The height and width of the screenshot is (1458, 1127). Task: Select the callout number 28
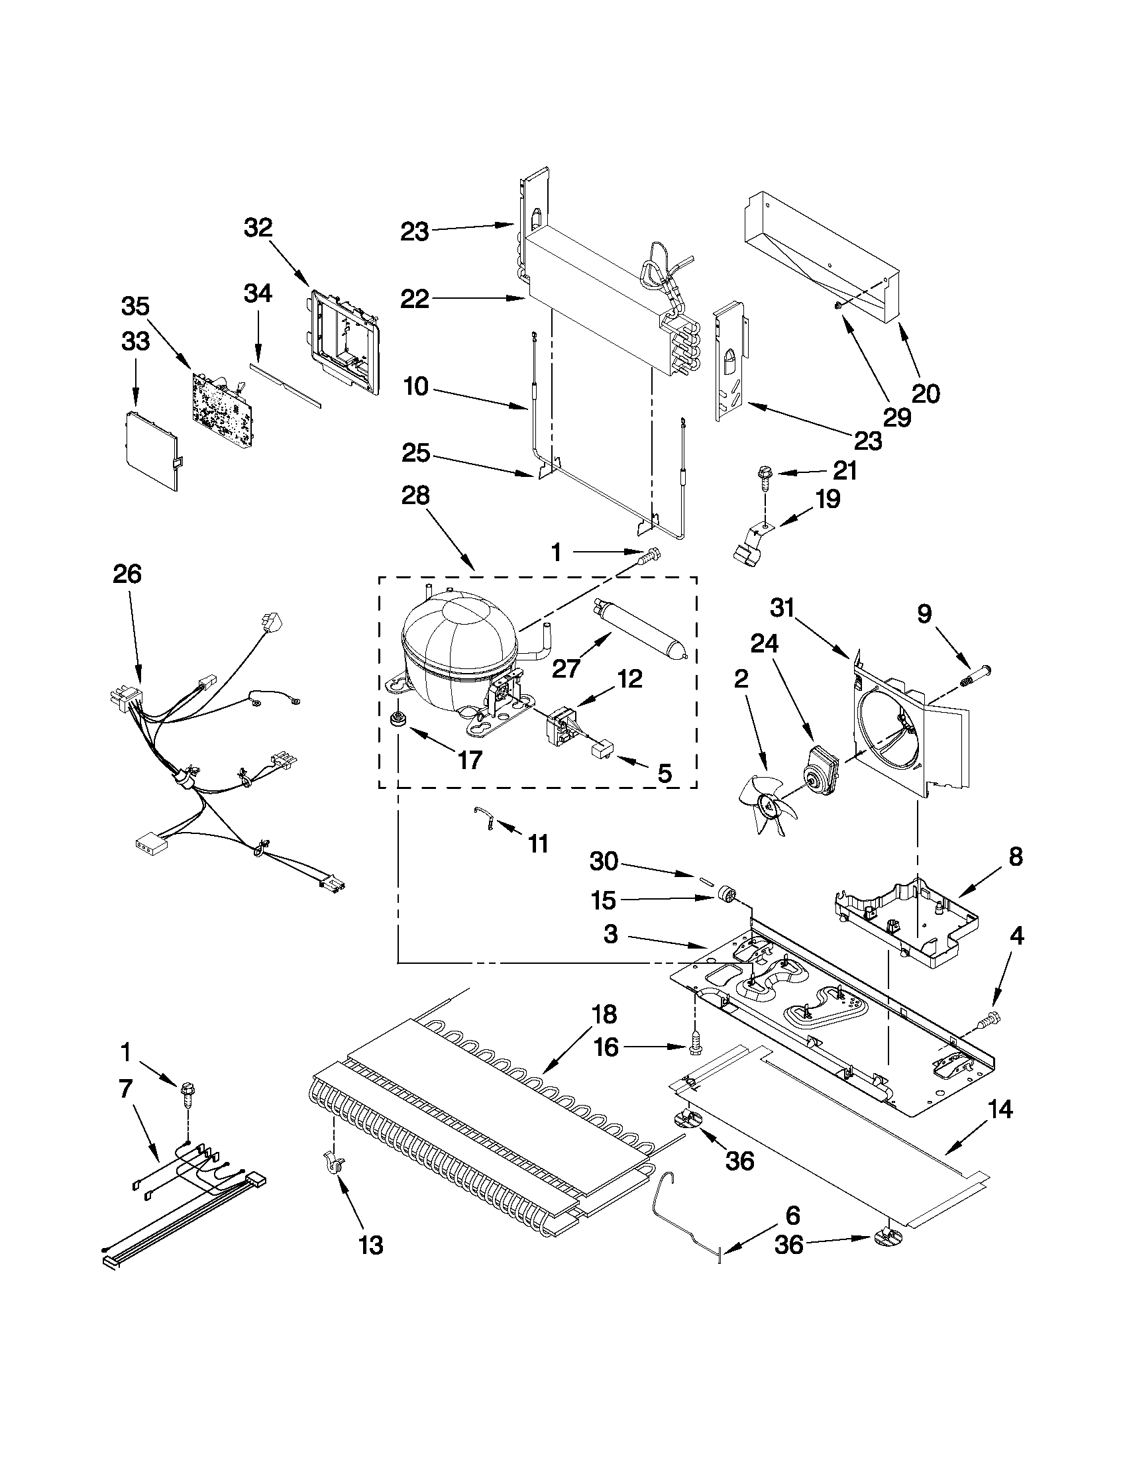pyautogui.click(x=415, y=496)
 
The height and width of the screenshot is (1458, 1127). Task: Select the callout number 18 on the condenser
pyautogui.click(x=604, y=1014)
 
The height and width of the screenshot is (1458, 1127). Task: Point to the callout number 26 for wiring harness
pyautogui.click(x=127, y=574)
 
